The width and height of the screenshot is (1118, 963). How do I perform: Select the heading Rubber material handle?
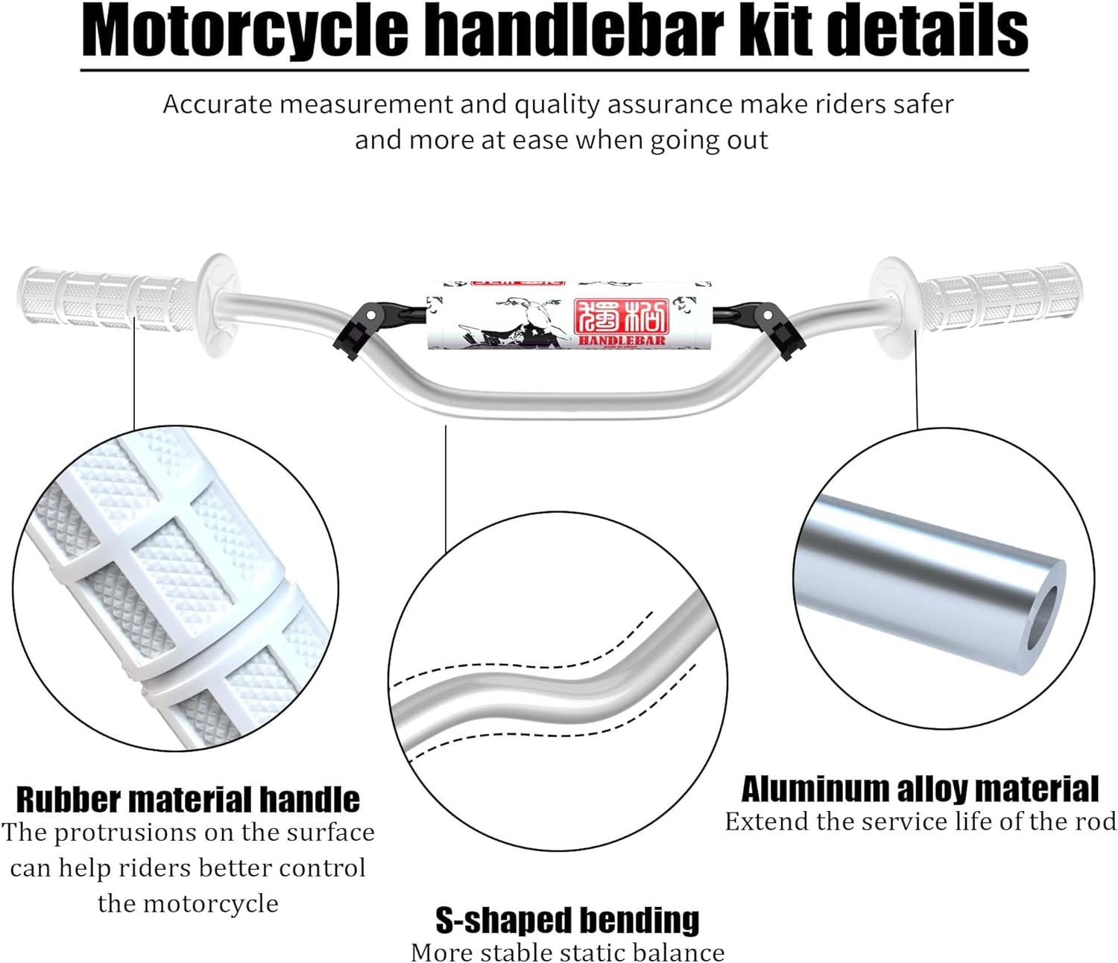[x=188, y=800]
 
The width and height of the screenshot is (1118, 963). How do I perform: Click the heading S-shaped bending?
[x=567, y=921]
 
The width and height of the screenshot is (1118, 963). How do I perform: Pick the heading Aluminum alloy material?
[x=920, y=789]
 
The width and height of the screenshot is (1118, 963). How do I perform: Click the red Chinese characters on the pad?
[x=622, y=317]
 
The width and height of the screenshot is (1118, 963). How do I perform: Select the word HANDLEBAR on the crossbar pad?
[x=622, y=341]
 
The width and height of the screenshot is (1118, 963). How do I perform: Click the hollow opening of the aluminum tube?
[x=1044, y=618]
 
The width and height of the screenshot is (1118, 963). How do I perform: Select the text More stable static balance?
[x=567, y=952]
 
